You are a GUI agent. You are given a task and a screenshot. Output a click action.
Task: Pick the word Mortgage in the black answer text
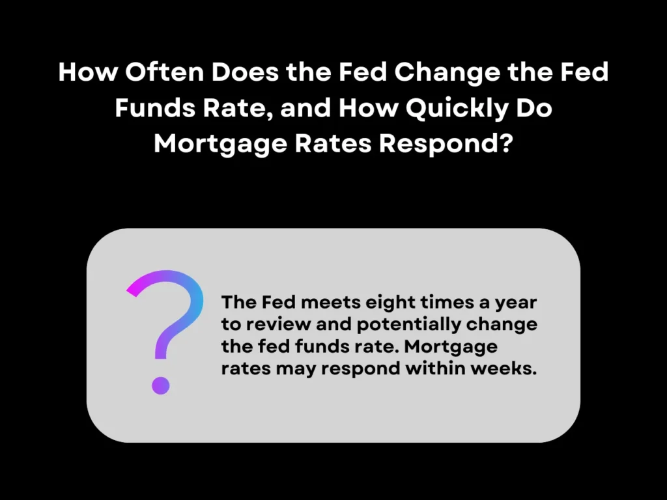tap(449, 347)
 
